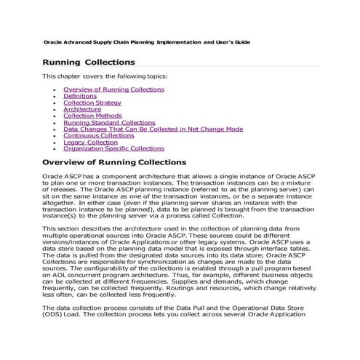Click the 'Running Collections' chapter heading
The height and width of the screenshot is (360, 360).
pos(89,63)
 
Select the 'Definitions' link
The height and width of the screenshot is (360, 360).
pos(80,95)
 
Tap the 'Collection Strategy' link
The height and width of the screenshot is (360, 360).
pos(92,103)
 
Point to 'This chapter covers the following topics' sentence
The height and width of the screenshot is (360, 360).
pos(105,76)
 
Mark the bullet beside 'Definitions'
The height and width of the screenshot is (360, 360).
pos(55,96)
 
